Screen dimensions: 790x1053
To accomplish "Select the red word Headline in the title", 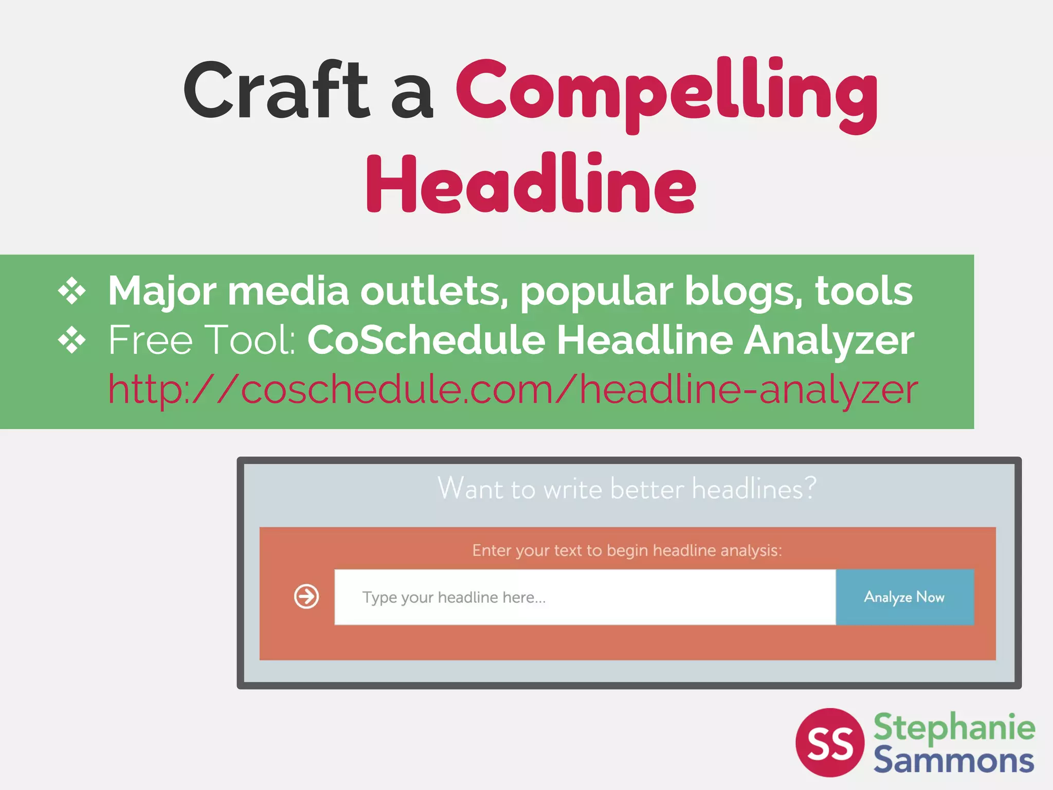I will [531, 184].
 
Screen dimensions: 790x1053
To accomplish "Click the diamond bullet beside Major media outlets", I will [71, 291].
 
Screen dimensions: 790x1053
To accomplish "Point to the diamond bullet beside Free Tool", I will [71, 340].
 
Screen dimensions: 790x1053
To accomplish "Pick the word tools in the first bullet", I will [864, 291].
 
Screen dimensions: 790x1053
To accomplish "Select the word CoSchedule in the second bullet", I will [426, 340].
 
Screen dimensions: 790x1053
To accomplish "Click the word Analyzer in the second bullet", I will [829, 340].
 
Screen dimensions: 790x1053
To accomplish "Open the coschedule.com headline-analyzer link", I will [513, 389].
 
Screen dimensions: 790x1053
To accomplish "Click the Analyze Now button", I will [904, 597].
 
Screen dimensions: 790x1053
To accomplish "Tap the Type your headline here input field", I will [585, 597].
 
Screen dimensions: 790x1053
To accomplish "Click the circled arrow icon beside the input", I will [306, 597].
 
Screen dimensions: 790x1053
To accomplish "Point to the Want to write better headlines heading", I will [627, 488].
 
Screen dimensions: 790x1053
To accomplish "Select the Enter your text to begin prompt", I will [627, 550].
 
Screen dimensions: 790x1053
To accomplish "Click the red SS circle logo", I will [830, 742].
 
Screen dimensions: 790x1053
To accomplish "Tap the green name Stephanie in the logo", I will [954, 727].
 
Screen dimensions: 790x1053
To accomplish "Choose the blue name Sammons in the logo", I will [954, 760].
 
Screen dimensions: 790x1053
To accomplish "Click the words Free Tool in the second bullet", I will [202, 340].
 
